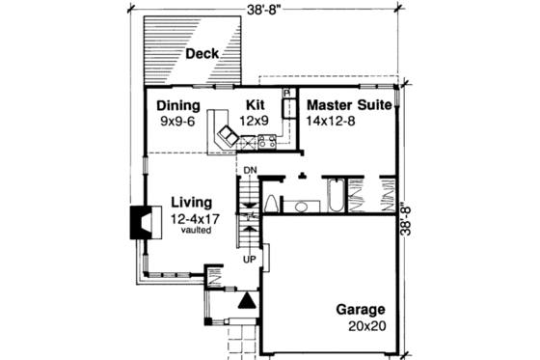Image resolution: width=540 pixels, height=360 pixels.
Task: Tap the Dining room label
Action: pyautogui.click(x=177, y=105)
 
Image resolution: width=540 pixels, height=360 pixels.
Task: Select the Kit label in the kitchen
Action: pyautogui.click(x=255, y=105)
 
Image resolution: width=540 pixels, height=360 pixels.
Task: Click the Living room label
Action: pyautogui.click(x=191, y=202)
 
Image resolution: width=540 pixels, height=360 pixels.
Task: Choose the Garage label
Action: pyautogui.click(x=361, y=310)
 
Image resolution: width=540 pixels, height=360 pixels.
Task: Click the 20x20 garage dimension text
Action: pyautogui.click(x=368, y=326)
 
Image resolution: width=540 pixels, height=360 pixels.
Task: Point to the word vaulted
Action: pyautogui.click(x=191, y=232)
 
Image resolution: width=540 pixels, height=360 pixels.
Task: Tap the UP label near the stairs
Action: pyautogui.click(x=248, y=260)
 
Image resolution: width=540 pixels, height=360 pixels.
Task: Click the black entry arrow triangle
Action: pyautogui.click(x=247, y=300)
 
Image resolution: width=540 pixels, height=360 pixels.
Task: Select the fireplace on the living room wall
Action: pyautogui.click(x=138, y=224)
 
